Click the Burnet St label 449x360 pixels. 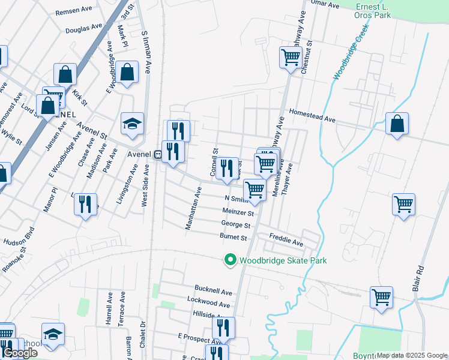tap(234, 238)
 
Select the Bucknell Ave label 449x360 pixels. tap(213, 292)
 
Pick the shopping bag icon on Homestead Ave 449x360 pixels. tap(397, 124)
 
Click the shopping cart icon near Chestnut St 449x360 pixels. tap(291, 58)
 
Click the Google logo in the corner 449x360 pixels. tap(20, 353)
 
